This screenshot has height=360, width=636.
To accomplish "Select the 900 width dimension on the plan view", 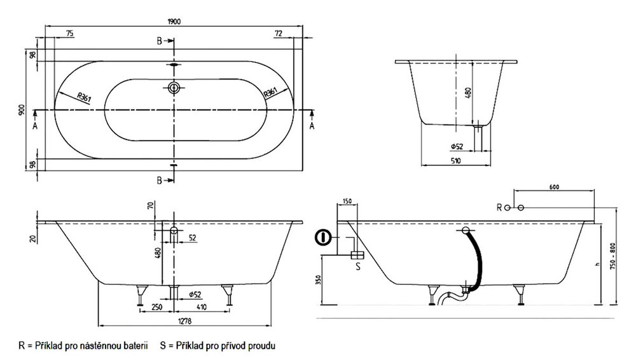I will pos(22,109).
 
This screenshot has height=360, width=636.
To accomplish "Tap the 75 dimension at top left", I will pos(70,33).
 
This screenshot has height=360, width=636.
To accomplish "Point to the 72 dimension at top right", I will pos(278,33).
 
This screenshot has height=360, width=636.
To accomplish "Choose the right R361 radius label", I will pos(270,93).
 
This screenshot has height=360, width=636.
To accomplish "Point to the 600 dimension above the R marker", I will pos(553,186).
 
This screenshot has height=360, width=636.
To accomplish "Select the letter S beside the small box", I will pos(357,266).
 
